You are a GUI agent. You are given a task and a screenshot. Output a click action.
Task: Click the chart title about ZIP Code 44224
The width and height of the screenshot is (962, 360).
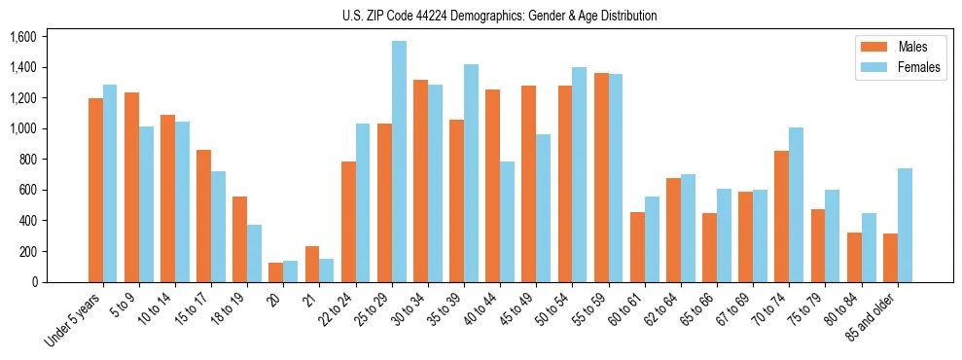pos(499,16)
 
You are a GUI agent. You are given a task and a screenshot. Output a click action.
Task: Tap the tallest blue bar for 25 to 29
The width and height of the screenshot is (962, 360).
pos(399,162)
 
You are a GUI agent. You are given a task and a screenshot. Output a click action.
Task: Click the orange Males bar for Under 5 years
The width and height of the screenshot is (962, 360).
pos(95,190)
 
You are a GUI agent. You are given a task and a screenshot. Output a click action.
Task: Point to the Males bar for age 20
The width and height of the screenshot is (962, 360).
pos(275,271)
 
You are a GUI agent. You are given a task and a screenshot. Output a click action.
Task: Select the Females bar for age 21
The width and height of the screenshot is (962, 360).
pos(327,270)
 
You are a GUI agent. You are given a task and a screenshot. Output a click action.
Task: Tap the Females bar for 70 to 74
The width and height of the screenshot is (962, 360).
pos(797,204)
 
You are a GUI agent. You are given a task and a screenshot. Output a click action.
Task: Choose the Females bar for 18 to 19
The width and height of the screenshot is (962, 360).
pos(254,253)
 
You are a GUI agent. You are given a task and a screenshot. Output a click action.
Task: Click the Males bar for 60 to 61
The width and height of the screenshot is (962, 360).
pos(637,246)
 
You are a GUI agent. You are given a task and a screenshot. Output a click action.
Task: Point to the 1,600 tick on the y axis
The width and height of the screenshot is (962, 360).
pos(22,37)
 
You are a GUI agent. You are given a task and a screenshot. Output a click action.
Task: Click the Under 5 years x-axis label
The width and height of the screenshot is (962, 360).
pos(73,316)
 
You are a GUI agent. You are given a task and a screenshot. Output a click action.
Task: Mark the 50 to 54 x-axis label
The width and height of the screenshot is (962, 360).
pos(552,308)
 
